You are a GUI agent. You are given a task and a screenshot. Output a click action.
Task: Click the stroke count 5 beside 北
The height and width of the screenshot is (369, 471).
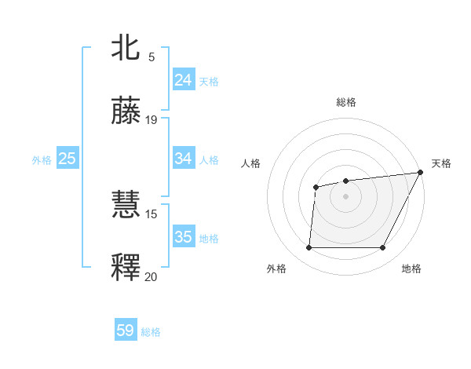coord(151,57)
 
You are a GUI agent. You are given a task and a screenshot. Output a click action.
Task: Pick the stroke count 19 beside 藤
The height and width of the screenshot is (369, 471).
coord(152,120)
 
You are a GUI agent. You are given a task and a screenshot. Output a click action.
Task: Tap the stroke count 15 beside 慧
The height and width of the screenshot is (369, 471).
coord(152,214)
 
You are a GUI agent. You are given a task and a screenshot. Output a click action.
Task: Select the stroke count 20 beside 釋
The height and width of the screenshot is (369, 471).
coord(152,276)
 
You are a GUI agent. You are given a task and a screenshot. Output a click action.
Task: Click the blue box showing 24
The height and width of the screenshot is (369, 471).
coord(183,80)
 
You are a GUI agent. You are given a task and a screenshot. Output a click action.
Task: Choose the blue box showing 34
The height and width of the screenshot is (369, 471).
coord(183,159)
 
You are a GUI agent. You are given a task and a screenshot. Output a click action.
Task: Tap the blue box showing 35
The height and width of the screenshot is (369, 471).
coord(183,237)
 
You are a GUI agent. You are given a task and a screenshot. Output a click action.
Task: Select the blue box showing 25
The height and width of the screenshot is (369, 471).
coord(68,159)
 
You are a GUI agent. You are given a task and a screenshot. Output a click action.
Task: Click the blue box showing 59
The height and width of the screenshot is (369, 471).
coord(126,331)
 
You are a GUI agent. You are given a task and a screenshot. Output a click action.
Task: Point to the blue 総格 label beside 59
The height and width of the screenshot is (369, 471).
coord(151,332)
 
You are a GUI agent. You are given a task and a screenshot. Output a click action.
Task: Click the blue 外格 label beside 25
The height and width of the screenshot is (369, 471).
coord(42,160)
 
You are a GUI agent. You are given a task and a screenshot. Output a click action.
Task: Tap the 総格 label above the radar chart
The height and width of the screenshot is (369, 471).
coord(345,102)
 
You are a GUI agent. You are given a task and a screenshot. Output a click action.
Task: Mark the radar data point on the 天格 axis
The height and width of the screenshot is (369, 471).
coord(421,173)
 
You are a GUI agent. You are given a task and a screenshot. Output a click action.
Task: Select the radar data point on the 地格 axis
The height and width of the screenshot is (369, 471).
coord(382,248)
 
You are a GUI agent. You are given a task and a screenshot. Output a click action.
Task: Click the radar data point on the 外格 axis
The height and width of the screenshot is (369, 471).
coord(309,248)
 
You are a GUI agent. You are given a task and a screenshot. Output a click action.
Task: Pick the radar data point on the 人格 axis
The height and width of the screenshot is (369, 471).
coord(316,187)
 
